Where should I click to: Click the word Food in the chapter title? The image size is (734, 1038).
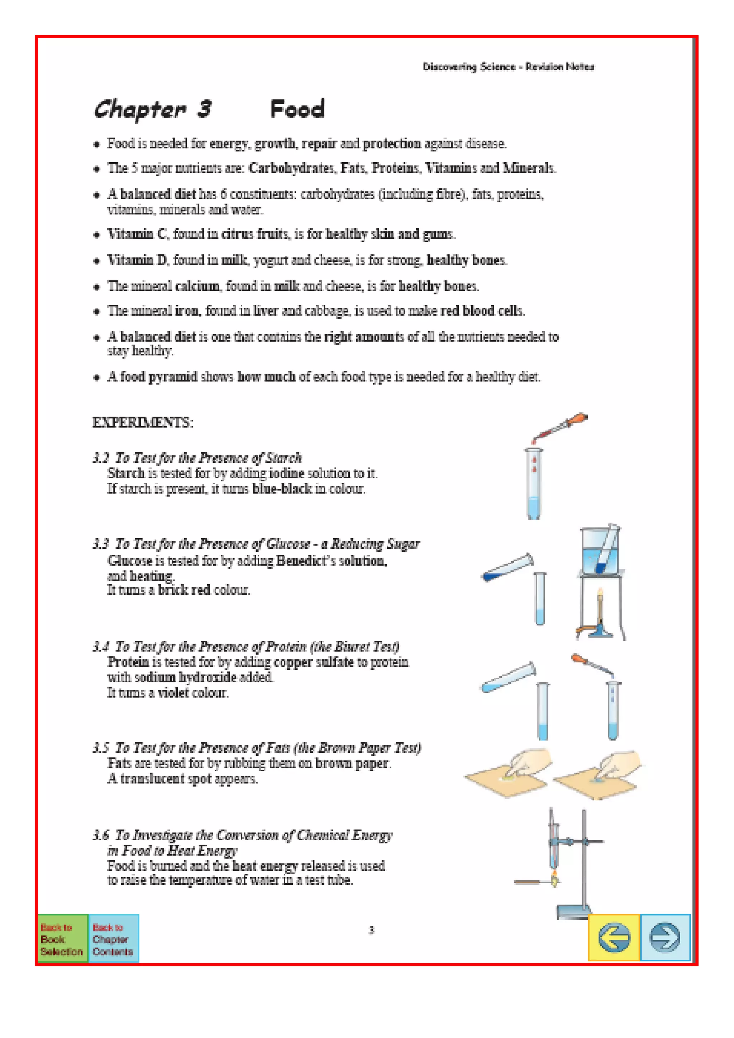click(297, 109)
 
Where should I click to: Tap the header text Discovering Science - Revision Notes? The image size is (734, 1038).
click(508, 67)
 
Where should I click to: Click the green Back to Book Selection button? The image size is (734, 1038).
click(62, 939)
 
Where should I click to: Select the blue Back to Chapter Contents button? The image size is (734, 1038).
click(113, 939)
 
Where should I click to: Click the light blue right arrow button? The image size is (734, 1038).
click(665, 938)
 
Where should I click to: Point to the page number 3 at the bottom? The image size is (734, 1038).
click(371, 930)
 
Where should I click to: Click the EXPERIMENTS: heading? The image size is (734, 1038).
click(143, 423)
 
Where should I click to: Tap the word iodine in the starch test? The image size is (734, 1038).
click(287, 474)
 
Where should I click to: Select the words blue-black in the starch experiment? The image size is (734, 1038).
click(282, 489)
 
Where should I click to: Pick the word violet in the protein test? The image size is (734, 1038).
click(173, 693)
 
